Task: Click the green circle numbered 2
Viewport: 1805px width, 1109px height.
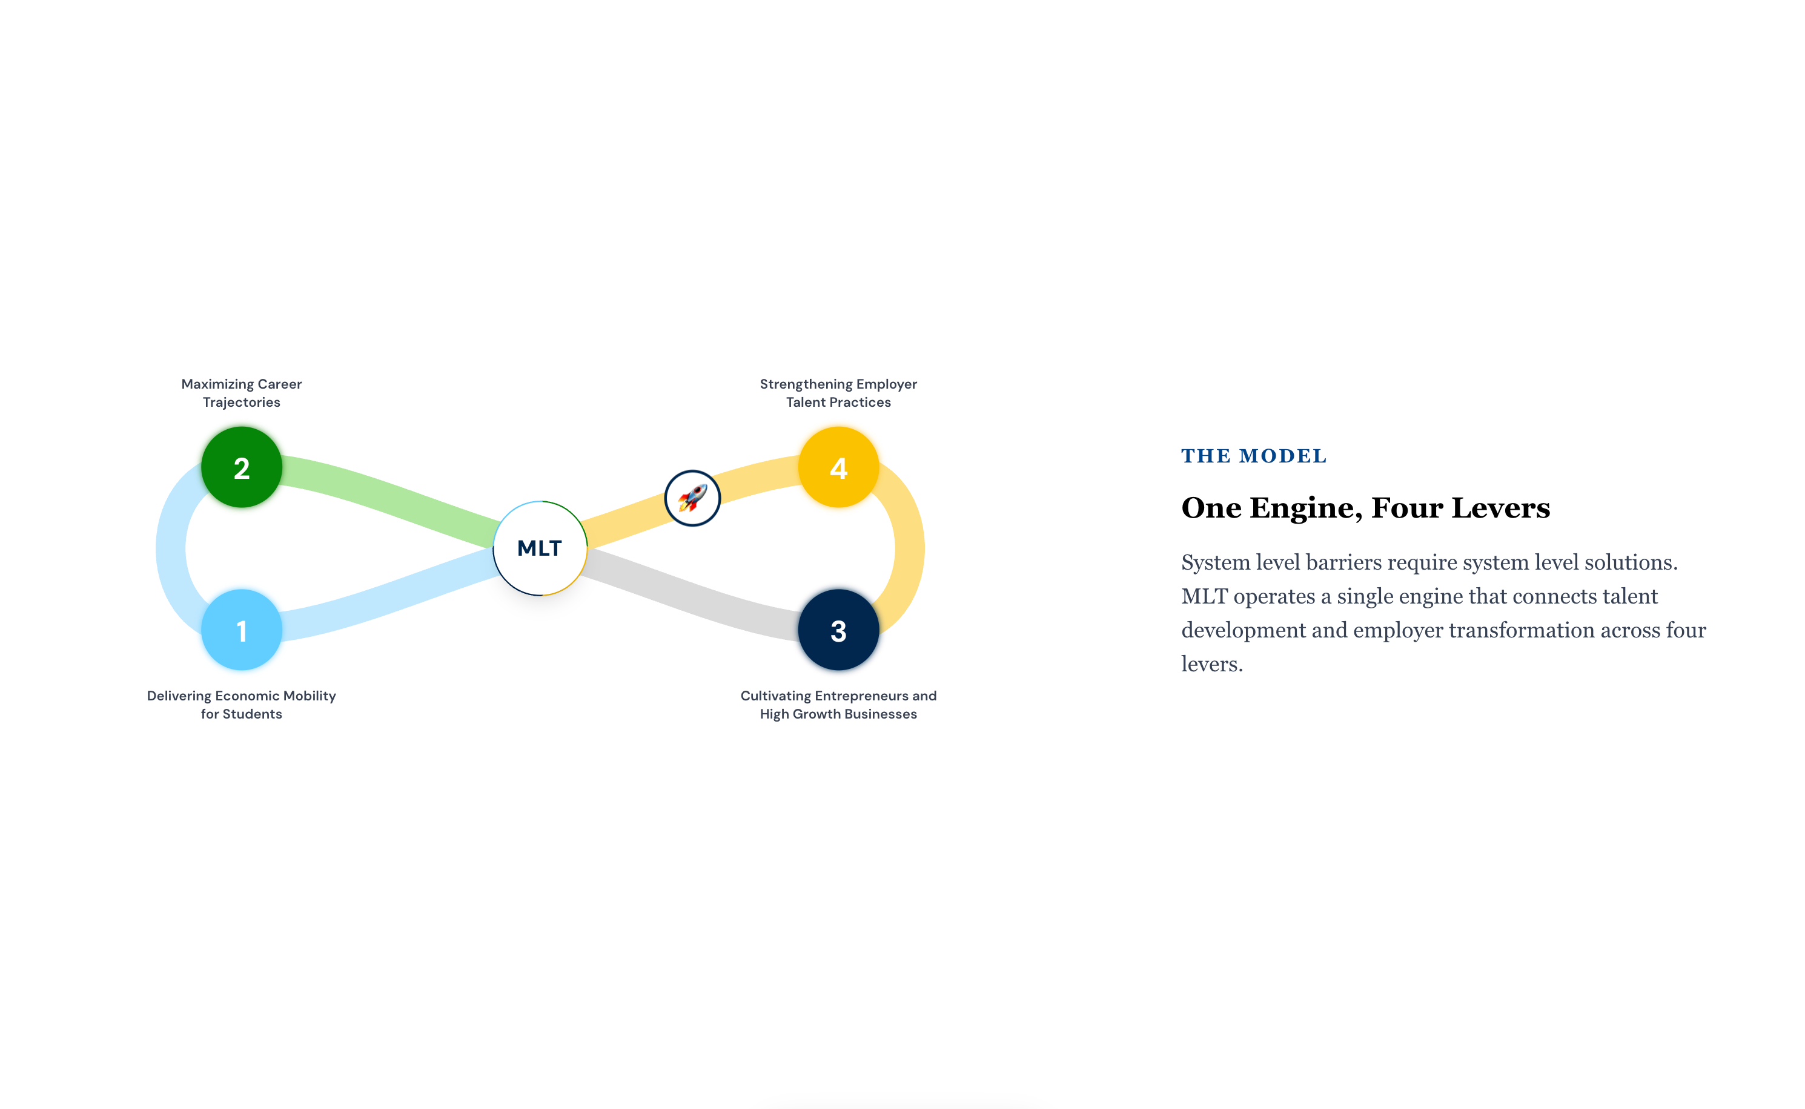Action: [x=242, y=467]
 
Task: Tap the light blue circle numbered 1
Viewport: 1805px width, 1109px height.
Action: [x=242, y=630]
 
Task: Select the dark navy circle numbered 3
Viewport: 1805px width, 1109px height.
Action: [x=839, y=630]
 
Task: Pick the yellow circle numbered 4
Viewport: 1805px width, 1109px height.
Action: [x=839, y=467]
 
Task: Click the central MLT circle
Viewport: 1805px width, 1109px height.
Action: [x=540, y=548]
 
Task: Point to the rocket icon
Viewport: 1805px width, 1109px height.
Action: [x=692, y=498]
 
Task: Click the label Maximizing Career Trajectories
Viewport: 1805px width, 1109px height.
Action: [x=242, y=393]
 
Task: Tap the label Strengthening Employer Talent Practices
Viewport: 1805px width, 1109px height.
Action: [x=839, y=393]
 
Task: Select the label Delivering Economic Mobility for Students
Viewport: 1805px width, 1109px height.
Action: [x=242, y=705]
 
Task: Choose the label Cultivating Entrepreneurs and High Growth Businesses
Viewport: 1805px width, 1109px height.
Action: [x=839, y=705]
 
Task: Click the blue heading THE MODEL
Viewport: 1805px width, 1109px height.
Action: [x=1254, y=456]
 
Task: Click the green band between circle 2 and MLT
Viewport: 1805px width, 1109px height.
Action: [x=389, y=498]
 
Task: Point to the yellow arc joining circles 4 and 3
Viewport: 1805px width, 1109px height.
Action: [x=910, y=548]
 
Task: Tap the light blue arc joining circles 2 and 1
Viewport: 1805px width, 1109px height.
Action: [x=170, y=548]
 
